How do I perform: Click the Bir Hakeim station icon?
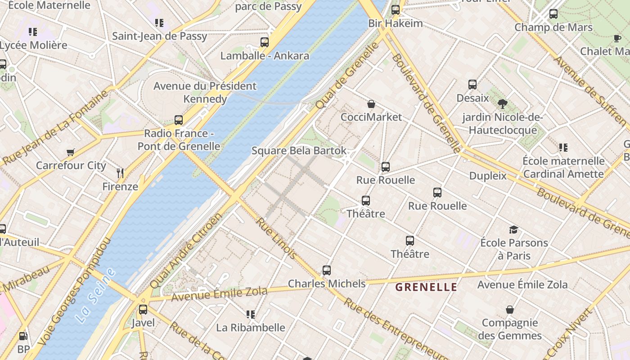tap(396, 10)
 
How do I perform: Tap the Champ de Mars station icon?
tap(553, 14)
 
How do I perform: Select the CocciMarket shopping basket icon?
tap(371, 104)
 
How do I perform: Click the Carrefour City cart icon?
tap(70, 153)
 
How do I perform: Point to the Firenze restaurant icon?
tap(120, 173)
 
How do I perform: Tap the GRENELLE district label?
tap(426, 287)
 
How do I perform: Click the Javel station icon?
tap(143, 310)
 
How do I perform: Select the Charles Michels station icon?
tap(327, 270)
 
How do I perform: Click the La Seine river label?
tap(95, 296)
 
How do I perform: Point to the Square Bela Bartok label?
tap(299, 151)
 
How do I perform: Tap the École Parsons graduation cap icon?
tap(513, 230)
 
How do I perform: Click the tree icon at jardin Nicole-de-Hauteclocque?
tap(503, 104)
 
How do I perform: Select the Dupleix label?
tap(488, 176)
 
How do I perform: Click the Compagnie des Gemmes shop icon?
tap(510, 310)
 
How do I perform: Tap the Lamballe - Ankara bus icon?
tap(265, 42)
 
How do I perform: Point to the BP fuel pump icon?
tap(23, 336)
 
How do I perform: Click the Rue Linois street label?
tap(276, 238)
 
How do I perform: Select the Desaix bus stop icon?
tap(472, 85)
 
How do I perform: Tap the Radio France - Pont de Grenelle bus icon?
tap(179, 120)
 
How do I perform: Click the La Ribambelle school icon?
tap(251, 314)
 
